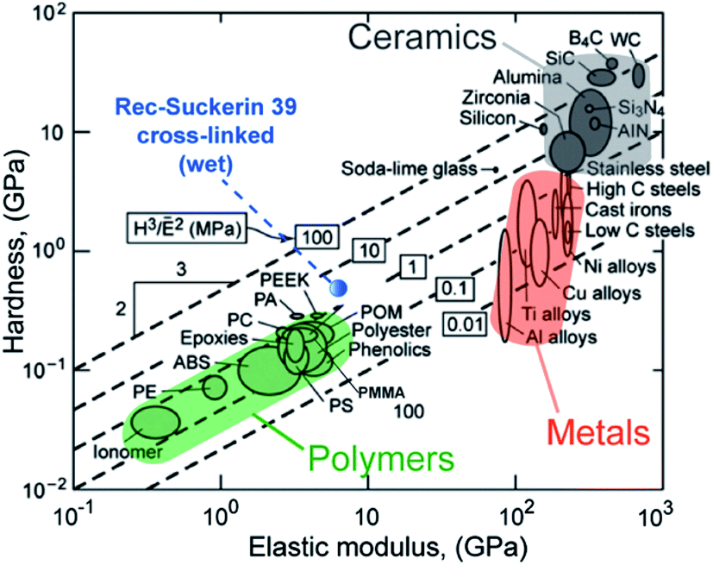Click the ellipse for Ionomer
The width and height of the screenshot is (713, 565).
154,421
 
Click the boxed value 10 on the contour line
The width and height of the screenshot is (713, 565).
366,251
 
